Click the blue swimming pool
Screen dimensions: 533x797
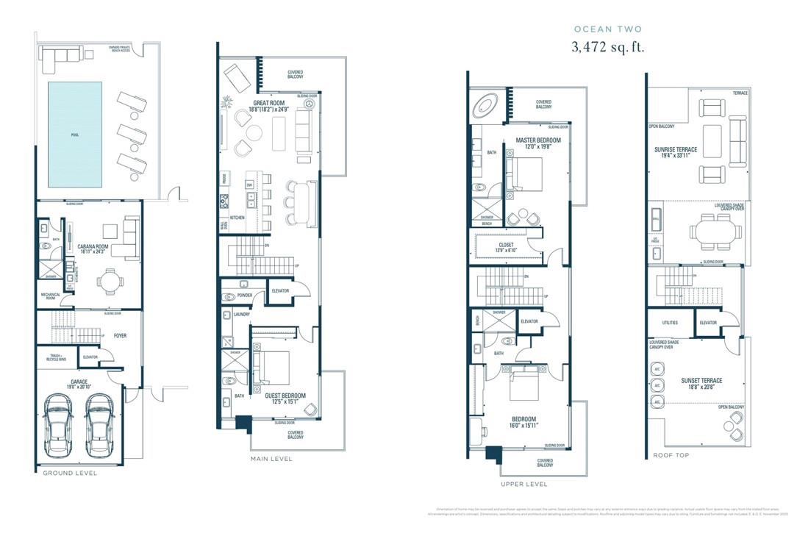point(75,134)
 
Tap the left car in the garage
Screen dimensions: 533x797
point(57,426)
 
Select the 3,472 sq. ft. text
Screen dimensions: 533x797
point(607,47)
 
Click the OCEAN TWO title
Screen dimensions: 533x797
point(607,29)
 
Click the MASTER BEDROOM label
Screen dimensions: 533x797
point(538,140)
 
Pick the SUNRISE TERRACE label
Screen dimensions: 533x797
point(676,149)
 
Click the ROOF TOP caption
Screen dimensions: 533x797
point(671,455)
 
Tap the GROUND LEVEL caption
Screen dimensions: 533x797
point(70,473)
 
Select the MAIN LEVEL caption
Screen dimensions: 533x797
point(271,459)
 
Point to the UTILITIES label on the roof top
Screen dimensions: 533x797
point(670,323)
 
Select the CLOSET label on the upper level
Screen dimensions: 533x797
point(506,245)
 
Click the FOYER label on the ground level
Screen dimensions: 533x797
point(120,336)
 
